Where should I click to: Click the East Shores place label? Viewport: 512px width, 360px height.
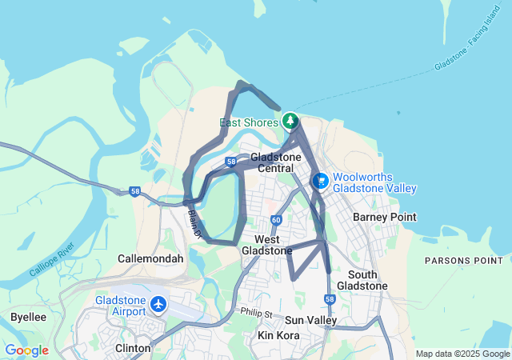click(249, 122)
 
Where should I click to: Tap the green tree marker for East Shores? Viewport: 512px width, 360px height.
click(290, 122)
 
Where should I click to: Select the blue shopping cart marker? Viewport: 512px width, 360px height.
click(320, 182)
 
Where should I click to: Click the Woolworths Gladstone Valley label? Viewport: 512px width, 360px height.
click(374, 182)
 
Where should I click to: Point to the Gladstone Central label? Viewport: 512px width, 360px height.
click(275, 162)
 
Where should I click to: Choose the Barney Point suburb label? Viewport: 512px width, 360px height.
click(381, 217)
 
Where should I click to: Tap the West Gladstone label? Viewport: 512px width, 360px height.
click(273, 245)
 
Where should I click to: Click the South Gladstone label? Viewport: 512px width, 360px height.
click(362, 280)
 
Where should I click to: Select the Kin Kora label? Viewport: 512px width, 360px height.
click(278, 335)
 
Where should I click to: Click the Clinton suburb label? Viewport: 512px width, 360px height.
click(133, 348)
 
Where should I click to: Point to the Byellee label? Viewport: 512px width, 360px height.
click(28, 317)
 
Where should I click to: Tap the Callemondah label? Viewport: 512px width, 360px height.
click(150, 258)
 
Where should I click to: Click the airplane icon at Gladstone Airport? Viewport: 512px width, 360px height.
click(158, 304)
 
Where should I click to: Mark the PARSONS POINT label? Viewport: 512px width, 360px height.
click(463, 261)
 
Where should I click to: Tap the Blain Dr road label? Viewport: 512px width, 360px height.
click(194, 222)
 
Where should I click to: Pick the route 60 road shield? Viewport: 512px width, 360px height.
click(276, 220)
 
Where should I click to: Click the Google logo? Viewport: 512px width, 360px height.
click(26, 350)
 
